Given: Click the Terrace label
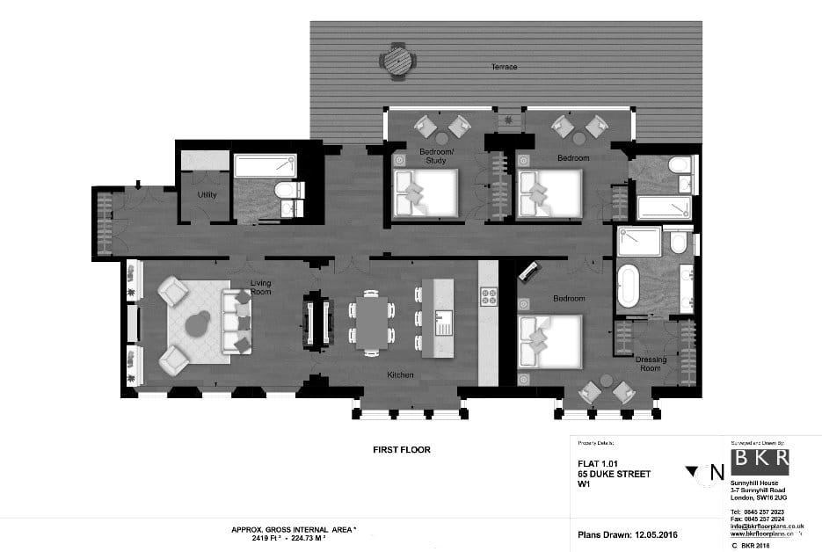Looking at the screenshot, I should click(x=504, y=67).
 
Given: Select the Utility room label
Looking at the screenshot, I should click(x=207, y=195).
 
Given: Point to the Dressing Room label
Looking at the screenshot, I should click(x=651, y=364).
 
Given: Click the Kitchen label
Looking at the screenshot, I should click(x=400, y=375).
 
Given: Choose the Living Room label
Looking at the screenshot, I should click(x=261, y=287).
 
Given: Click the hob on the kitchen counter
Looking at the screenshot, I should click(x=488, y=296).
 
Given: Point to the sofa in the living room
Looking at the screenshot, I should click(x=237, y=322).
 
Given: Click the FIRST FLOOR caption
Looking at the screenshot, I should click(x=402, y=449).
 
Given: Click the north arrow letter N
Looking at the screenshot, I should click(x=717, y=473).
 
